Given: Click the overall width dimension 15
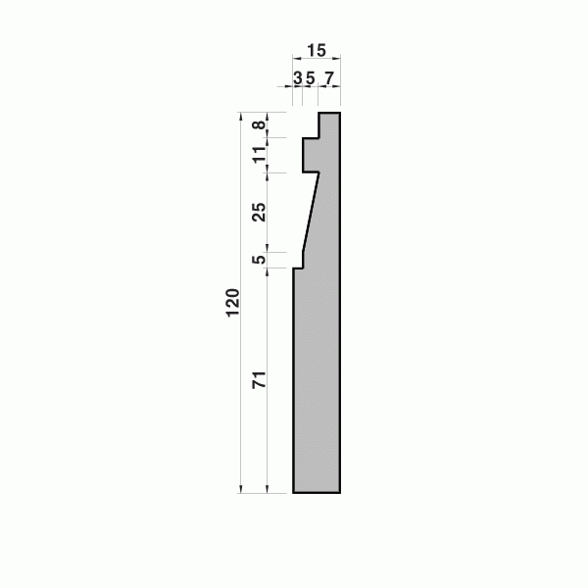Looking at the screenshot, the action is tap(317, 51).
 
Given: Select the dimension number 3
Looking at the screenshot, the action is tap(298, 78).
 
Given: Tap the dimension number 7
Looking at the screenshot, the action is tap(329, 78).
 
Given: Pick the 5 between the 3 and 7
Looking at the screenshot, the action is tap(310, 78).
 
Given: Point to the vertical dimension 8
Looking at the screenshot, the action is tap(259, 124).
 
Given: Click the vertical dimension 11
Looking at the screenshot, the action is tap(259, 155).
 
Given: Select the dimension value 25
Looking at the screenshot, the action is tap(259, 212).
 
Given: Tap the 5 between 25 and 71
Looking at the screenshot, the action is tap(259, 259).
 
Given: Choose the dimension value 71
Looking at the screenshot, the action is tap(259, 380).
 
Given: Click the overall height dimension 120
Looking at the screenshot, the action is tap(233, 303).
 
